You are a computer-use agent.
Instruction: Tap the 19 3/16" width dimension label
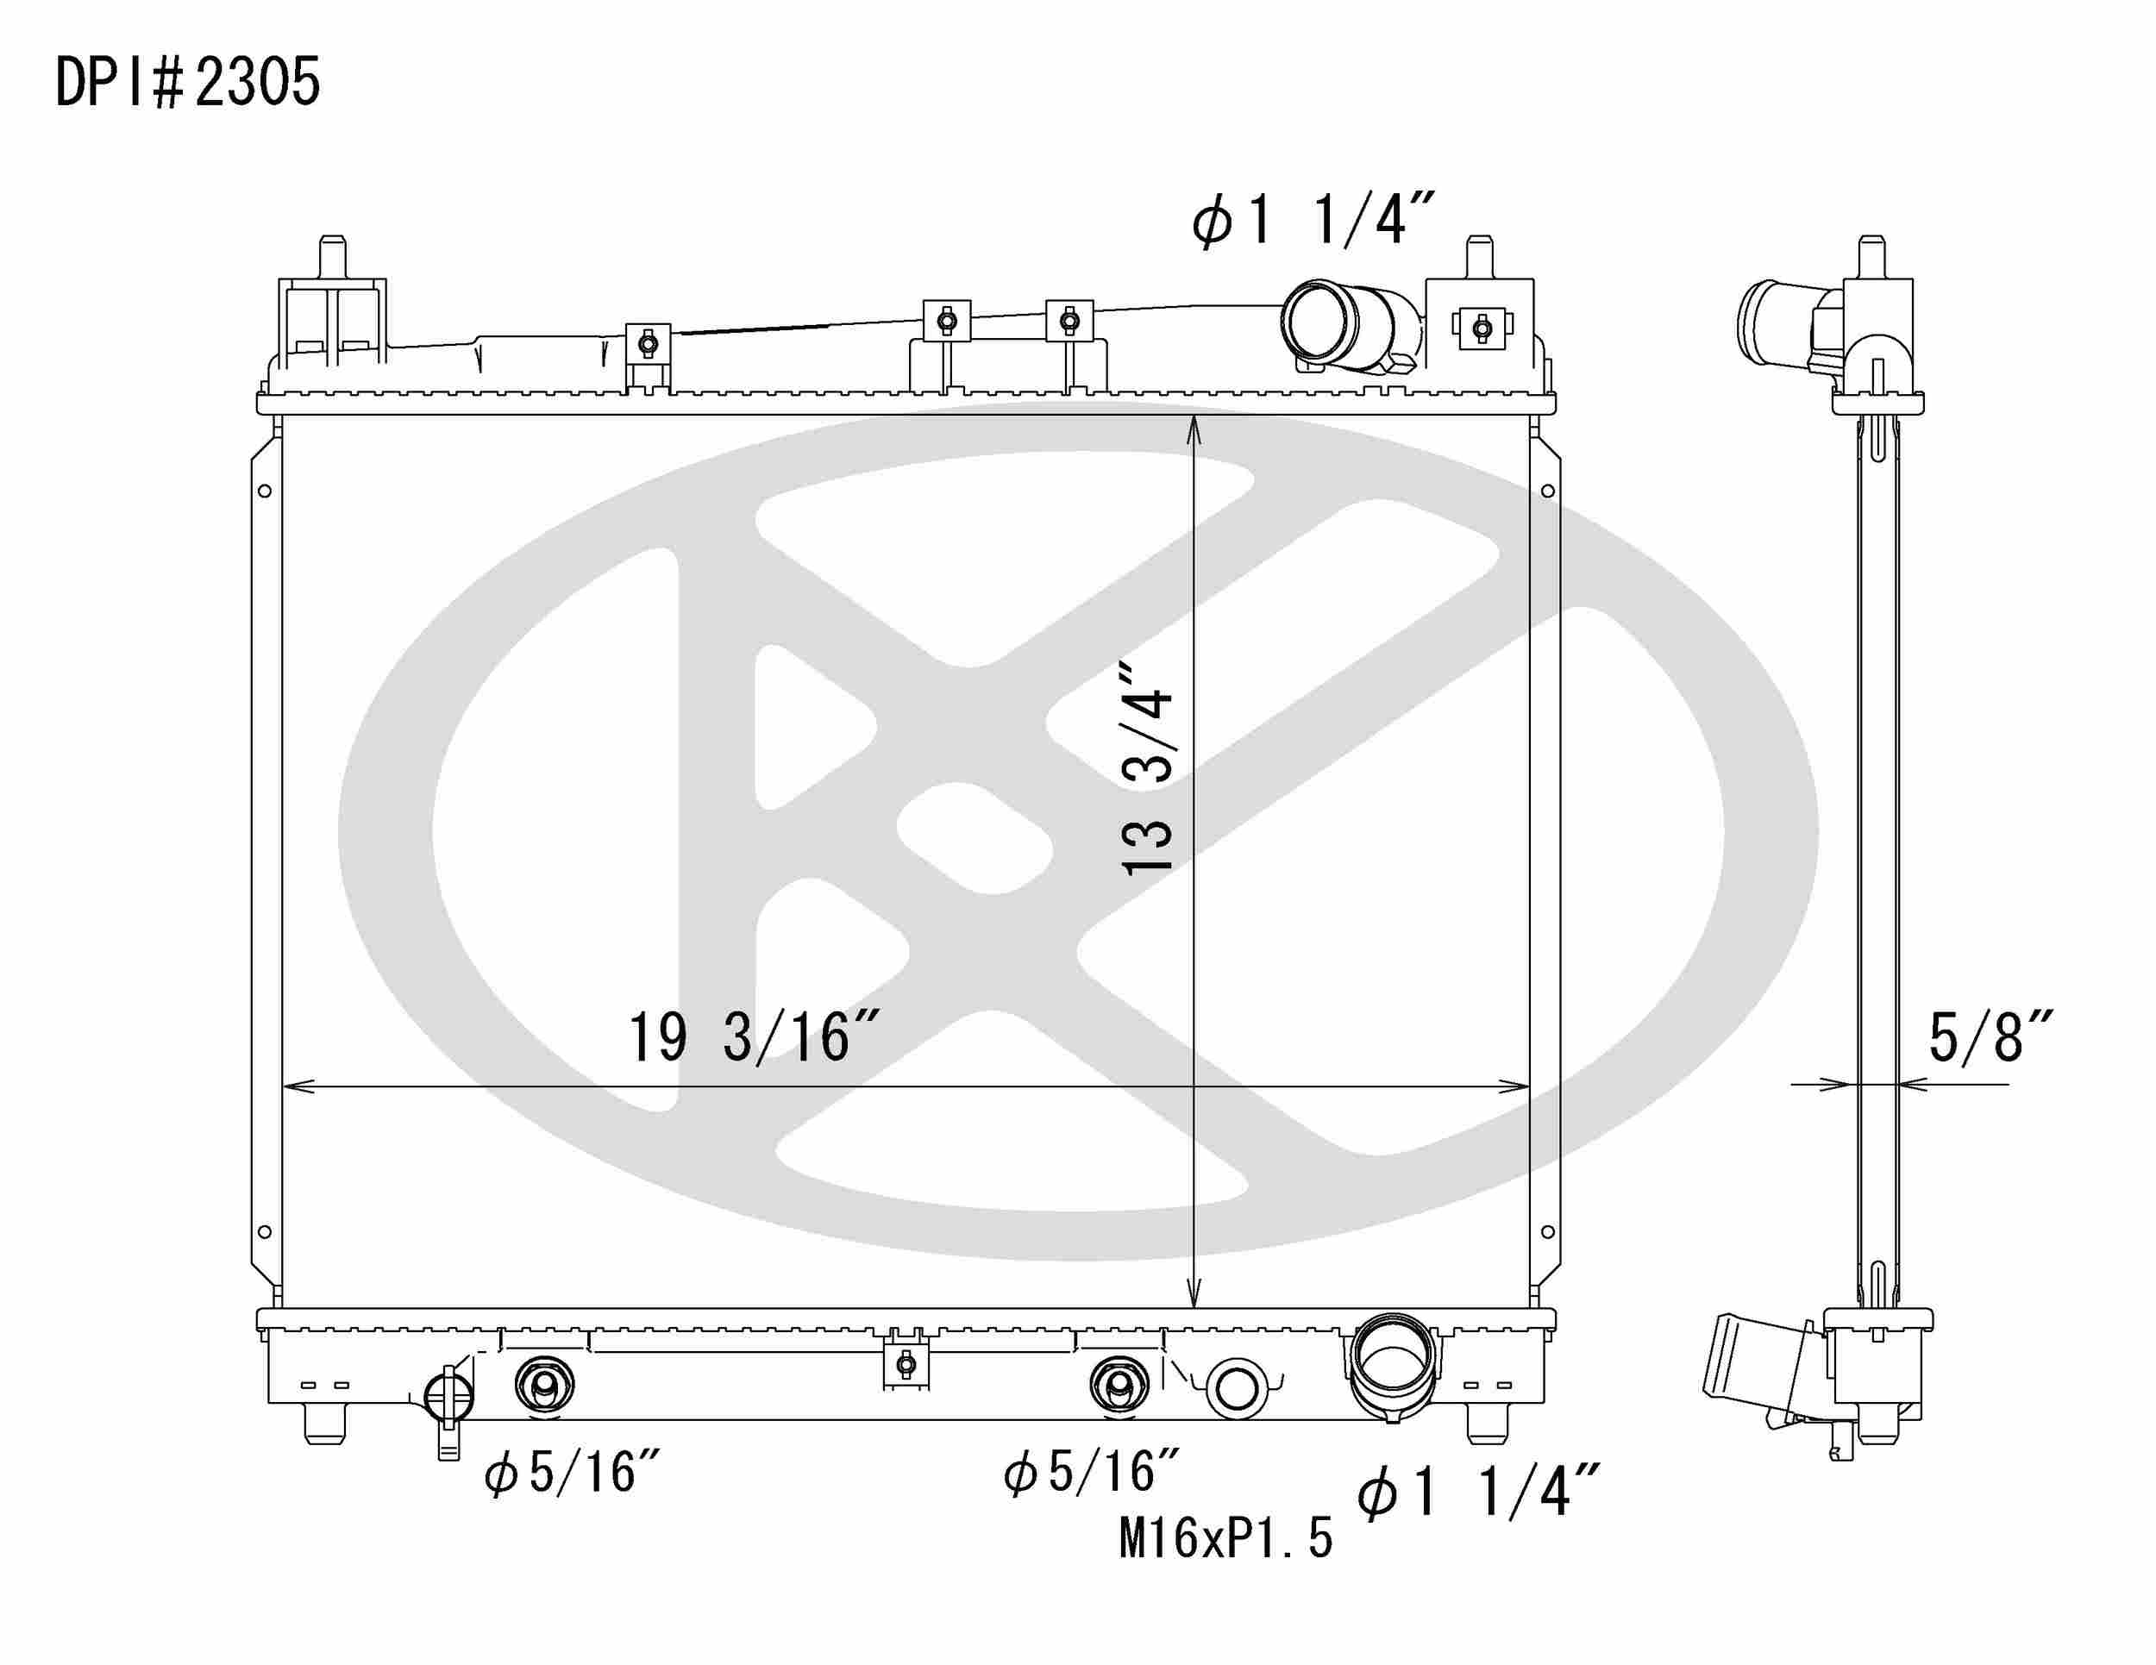752,1037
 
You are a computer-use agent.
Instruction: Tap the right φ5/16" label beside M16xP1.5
1092,1472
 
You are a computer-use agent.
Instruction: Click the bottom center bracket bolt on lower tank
906,1365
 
